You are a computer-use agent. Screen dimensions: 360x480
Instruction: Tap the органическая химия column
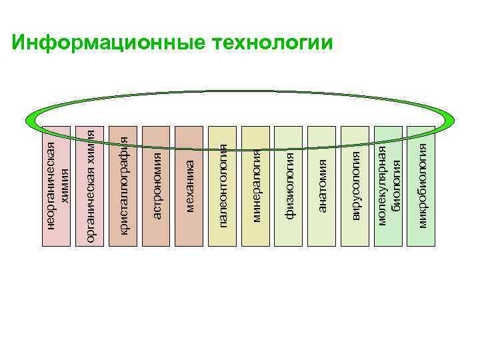coord(90,227)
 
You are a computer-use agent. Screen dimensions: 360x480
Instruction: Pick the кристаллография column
coord(123,227)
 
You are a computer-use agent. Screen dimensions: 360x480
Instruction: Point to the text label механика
coord(189,186)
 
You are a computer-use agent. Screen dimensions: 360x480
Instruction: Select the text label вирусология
coord(356,185)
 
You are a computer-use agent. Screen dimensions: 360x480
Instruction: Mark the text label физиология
coord(290,186)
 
